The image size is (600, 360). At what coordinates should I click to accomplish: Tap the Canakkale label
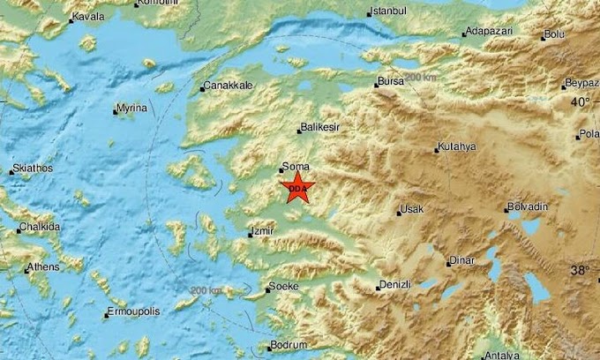[229, 86]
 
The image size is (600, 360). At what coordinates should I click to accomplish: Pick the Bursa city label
[389, 81]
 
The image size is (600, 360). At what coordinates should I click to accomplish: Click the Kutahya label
[456, 146]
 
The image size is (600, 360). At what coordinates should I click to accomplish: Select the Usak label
[412, 209]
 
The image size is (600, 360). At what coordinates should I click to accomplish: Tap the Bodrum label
[288, 345]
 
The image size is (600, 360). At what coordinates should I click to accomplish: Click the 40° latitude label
[579, 102]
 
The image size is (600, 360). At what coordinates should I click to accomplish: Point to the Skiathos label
[33, 168]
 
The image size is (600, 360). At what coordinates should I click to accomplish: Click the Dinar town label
[461, 260]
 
